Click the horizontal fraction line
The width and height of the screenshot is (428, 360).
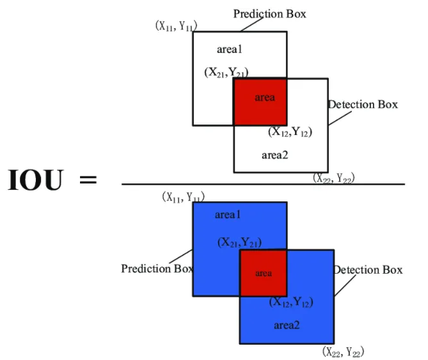262,184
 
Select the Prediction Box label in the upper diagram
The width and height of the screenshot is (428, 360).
269,13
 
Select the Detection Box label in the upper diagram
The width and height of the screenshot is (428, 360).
363,104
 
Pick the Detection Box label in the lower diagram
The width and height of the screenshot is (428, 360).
368,270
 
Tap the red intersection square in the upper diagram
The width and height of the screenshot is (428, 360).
260,101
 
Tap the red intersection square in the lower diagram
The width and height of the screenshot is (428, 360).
263,272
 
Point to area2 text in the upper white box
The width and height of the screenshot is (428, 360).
275,154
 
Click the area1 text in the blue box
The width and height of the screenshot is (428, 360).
227,215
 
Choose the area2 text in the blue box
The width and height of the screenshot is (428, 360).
287,325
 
